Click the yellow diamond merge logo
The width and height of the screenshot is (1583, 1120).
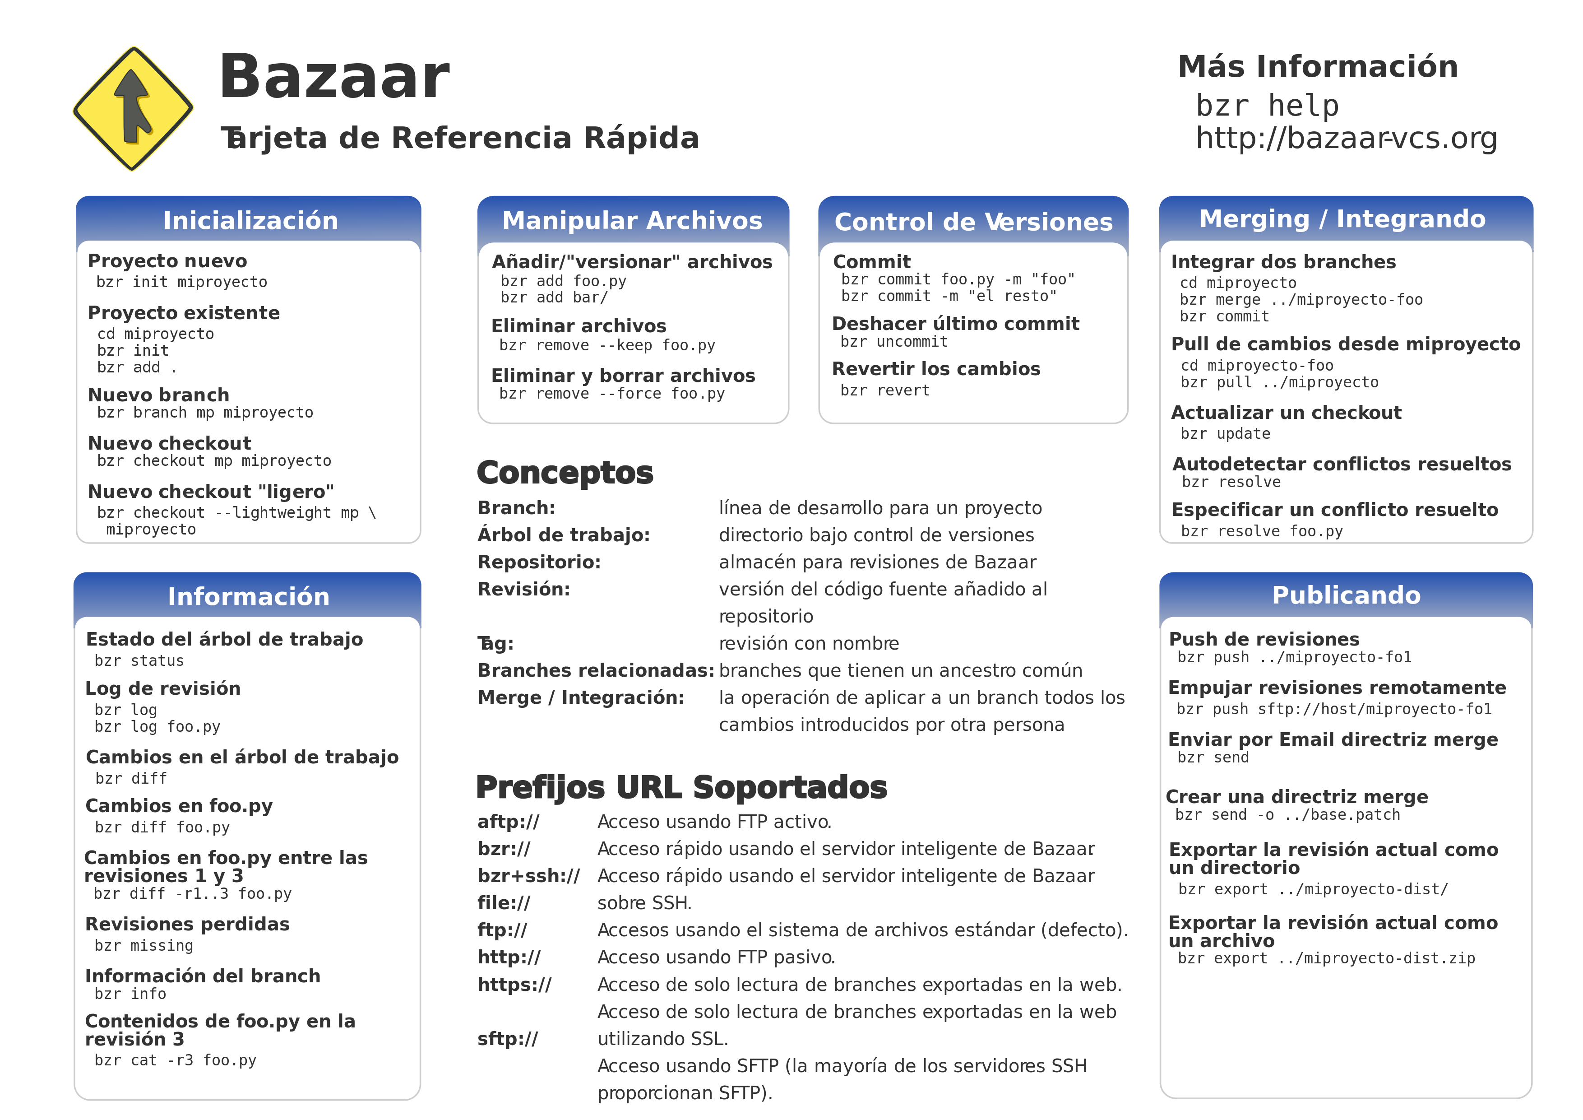[133, 108]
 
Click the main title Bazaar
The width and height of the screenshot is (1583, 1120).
[334, 77]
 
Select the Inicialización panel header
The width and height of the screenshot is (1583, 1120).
[250, 220]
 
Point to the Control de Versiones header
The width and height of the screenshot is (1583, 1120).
[973, 221]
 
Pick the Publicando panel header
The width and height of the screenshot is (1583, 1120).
[1346, 595]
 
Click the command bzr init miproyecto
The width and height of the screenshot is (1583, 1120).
[182, 282]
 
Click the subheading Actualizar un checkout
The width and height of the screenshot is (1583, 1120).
[1286, 413]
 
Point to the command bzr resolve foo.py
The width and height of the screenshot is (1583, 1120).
[1262, 531]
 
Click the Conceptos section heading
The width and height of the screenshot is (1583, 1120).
[565, 473]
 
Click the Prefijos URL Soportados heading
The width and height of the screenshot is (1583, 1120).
[681, 788]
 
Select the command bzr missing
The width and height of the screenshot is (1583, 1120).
[144, 945]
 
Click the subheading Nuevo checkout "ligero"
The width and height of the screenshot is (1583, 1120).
[211, 492]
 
